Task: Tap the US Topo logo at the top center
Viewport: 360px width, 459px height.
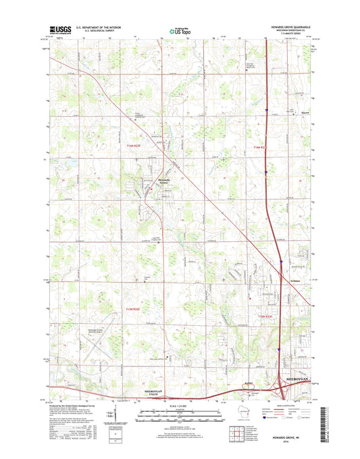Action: pyautogui.click(x=180, y=30)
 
